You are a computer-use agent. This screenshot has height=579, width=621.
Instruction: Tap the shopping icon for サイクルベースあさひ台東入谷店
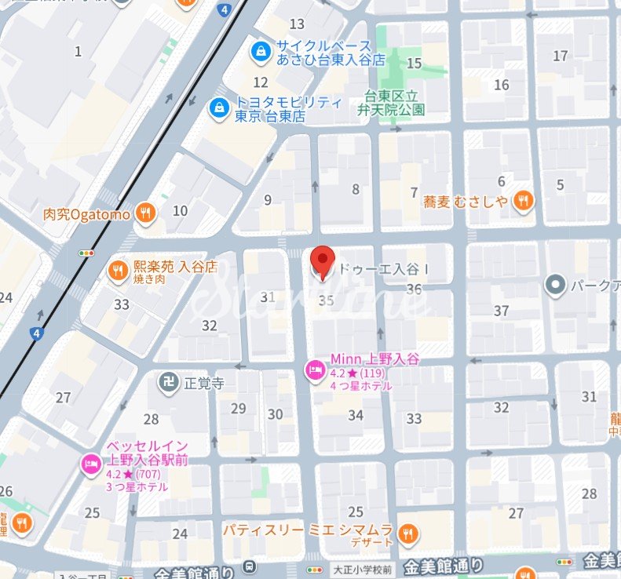pyautogui.click(x=259, y=52)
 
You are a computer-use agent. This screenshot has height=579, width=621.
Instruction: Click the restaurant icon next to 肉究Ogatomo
pyautogui.click(x=144, y=212)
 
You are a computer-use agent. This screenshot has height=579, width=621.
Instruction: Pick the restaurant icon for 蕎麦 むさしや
pyautogui.click(x=523, y=202)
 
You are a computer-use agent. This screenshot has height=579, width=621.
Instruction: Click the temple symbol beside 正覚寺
pyautogui.click(x=166, y=384)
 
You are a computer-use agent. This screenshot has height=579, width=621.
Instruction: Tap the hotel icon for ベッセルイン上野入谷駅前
pyautogui.click(x=91, y=464)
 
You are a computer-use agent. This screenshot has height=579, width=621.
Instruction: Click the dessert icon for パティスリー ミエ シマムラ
pyautogui.click(x=407, y=535)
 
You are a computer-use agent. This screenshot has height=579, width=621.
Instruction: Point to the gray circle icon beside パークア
pyautogui.click(x=556, y=285)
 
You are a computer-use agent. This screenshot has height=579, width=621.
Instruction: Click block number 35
pyautogui.click(x=327, y=300)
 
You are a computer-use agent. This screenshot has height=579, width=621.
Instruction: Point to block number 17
pyautogui.click(x=560, y=56)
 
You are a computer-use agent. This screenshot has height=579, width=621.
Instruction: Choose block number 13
pyautogui.click(x=297, y=24)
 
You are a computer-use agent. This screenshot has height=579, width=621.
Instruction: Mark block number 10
pyautogui.click(x=180, y=210)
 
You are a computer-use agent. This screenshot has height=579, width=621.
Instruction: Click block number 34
pyautogui.click(x=356, y=415)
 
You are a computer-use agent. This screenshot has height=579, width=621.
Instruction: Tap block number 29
pyautogui.click(x=238, y=408)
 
